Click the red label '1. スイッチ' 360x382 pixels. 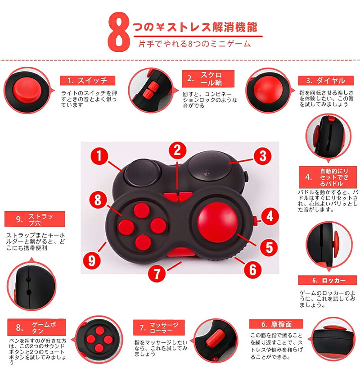pos(88,81)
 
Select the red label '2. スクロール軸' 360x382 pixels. pos(208,79)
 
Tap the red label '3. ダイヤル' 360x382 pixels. pos(326,81)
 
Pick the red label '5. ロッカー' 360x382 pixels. pos(327,280)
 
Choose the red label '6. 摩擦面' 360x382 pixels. pos(276,324)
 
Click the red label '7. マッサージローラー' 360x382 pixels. pos(159,327)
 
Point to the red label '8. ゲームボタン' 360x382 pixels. pos(36,327)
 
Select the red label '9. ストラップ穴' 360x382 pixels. pos(35,219)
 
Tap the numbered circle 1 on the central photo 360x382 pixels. pos(99,156)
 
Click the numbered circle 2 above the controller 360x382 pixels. pos(178,150)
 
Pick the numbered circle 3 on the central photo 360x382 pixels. pos(263,156)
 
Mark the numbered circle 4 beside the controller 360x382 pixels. pos(270,216)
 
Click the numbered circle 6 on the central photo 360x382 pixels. pos(253,270)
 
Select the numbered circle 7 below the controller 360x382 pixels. pos(157,273)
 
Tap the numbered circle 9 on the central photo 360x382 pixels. pos(92,261)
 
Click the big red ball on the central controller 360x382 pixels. pos(218,223)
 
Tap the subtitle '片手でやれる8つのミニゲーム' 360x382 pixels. pos(194,44)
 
